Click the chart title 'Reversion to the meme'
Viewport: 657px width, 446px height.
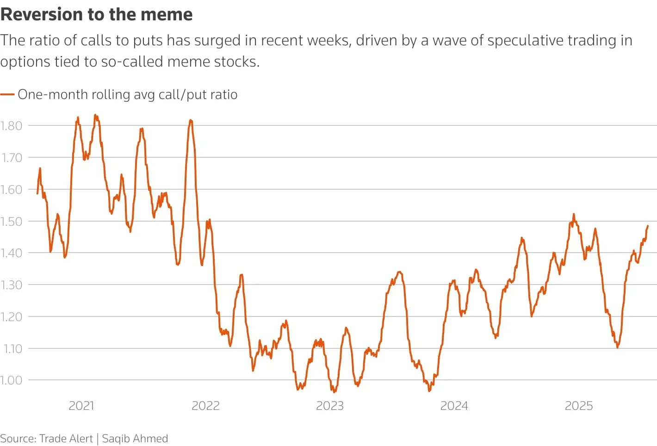96,15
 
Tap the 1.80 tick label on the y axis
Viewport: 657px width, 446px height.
11,126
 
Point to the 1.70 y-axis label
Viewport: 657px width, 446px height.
11,158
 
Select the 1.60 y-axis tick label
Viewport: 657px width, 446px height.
11,190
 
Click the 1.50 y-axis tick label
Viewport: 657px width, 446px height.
11,222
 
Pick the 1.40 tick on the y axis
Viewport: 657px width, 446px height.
11,253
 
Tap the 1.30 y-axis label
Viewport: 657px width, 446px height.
11,285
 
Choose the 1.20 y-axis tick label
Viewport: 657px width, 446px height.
11,317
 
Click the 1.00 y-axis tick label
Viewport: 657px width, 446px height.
11,380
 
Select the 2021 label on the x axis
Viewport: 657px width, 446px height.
81,406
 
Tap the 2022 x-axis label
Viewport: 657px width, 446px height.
205,406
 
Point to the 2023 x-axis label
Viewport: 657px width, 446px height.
330,406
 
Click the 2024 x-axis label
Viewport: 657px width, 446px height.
454,406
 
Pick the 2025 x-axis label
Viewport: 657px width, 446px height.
579,406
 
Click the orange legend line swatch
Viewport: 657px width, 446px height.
7,94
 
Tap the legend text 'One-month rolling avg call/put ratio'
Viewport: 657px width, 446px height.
128,94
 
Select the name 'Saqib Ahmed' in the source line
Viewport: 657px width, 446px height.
135,439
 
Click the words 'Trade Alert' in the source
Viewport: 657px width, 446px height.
66,439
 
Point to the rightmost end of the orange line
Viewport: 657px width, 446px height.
648,226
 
